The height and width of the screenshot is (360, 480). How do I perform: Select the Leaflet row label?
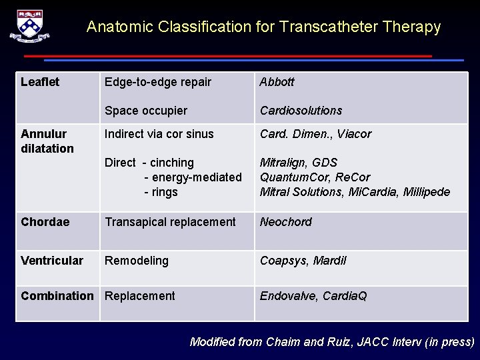(40, 82)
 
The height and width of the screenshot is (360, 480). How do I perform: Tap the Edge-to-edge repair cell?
(158, 82)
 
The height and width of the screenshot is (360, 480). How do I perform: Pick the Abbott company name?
(277, 82)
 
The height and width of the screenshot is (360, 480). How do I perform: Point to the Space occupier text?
(146, 111)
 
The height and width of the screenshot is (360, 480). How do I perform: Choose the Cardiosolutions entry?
(301, 111)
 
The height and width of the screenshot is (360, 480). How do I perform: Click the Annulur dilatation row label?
(47, 141)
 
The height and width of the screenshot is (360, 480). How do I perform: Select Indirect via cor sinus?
(159, 134)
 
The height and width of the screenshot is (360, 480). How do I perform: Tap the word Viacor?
(354, 134)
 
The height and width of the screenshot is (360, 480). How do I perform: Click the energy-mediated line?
(193, 177)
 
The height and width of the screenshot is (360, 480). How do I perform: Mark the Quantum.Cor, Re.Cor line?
(315, 177)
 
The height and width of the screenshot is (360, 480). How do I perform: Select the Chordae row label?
(45, 222)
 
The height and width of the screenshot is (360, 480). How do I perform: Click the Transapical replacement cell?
(170, 222)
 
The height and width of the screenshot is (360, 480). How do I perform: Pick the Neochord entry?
(285, 222)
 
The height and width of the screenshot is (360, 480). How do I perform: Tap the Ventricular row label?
(52, 261)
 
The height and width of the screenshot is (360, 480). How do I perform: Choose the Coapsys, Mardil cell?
(303, 261)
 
